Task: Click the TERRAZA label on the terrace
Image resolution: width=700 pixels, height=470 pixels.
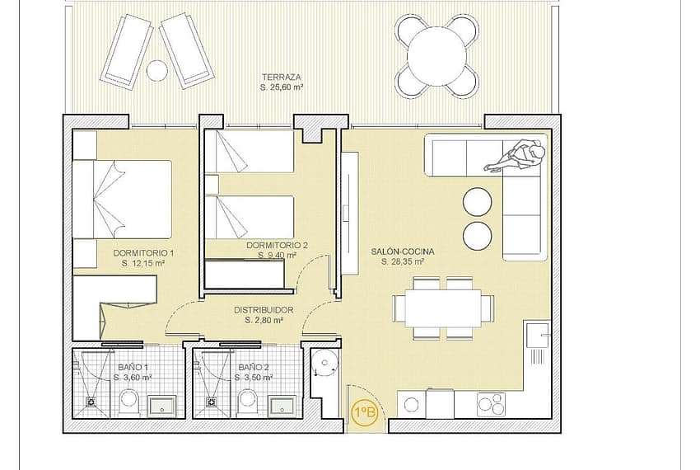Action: [x=282, y=77]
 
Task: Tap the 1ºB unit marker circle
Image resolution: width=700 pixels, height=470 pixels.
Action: [x=365, y=411]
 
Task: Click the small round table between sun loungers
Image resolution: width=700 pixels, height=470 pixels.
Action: [x=157, y=70]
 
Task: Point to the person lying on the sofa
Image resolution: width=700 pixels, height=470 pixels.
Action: [x=518, y=155]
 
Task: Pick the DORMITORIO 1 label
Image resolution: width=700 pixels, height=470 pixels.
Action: [x=143, y=253]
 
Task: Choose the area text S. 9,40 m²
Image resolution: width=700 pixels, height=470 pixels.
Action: [x=278, y=256]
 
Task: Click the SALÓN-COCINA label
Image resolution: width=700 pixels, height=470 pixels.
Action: [x=402, y=251]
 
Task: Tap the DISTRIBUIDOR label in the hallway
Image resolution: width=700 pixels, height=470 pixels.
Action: [x=264, y=310]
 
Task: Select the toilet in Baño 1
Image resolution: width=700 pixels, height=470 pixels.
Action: [x=129, y=403]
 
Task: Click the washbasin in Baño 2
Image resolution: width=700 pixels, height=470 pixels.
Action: [x=282, y=407]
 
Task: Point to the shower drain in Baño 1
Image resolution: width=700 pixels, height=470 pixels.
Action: [x=92, y=402]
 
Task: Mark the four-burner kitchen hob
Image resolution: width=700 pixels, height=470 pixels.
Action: [x=491, y=404]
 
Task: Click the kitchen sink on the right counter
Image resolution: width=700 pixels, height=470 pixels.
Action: [x=539, y=334]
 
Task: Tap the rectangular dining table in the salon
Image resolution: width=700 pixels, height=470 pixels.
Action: [x=443, y=308]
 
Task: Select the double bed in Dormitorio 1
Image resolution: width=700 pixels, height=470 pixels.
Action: [x=122, y=199]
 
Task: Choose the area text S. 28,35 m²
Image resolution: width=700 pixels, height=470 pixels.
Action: [x=402, y=262]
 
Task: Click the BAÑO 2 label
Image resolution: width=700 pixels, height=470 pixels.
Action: [x=254, y=367]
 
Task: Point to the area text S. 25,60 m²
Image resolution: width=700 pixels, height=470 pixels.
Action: [x=282, y=87]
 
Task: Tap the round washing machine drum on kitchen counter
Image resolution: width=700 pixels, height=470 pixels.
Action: [x=411, y=405]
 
